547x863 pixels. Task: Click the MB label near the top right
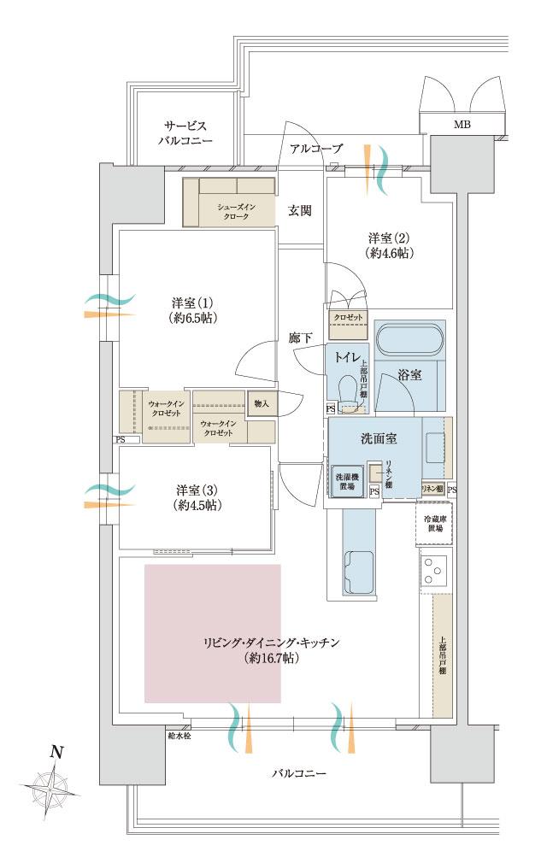(462, 125)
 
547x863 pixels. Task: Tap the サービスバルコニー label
(185, 132)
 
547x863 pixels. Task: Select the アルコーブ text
(315, 149)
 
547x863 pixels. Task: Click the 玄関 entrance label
(299, 209)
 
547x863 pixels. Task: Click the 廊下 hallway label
(300, 338)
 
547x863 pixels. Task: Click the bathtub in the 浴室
(409, 339)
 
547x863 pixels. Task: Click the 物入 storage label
(262, 403)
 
